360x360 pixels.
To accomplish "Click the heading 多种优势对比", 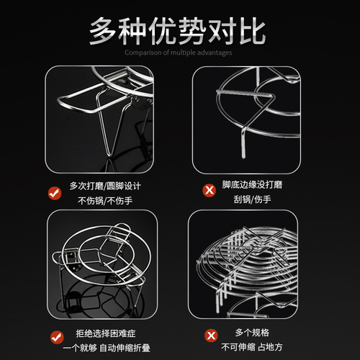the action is [x=177, y=31].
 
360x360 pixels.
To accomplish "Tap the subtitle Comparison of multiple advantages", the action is [x=179, y=53].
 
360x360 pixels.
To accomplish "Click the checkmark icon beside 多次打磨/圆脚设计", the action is [x=55, y=193].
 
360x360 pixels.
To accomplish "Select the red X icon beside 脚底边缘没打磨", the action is [x=210, y=190].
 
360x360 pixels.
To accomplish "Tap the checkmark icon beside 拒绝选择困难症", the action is [x=57, y=337].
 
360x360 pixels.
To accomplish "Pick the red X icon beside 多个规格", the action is [x=211, y=336].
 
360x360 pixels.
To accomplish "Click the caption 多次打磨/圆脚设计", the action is [x=105, y=186].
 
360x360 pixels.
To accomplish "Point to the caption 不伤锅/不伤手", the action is [x=105, y=201].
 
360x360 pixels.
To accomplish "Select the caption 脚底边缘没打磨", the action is [x=252, y=184].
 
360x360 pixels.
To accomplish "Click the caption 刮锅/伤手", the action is [x=252, y=199].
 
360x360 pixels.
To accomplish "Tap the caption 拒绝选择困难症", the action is [x=106, y=333].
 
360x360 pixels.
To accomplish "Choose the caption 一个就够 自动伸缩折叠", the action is [x=107, y=348].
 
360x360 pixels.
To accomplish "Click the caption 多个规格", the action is [x=252, y=333].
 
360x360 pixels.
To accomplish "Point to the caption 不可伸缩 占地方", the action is [x=252, y=347].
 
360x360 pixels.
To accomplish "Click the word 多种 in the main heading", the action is [x=117, y=31].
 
